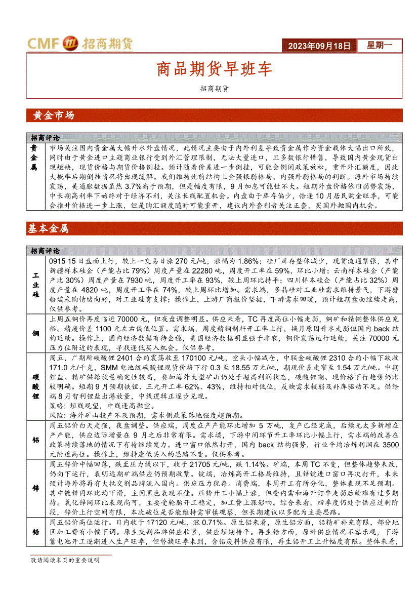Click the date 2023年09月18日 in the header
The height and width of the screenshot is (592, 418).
pos(319,46)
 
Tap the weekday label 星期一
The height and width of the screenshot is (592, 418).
pos(379,46)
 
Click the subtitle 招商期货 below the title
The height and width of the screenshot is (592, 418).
pos(214,88)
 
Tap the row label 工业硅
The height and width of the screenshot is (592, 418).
pos(35,285)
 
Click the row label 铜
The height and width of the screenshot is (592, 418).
pos(35,333)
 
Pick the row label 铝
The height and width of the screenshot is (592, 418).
pos(35,440)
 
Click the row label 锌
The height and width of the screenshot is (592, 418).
pos(35,488)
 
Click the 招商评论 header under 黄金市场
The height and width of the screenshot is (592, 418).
pos(45,137)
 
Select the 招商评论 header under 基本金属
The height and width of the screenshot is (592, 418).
pos(45,251)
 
